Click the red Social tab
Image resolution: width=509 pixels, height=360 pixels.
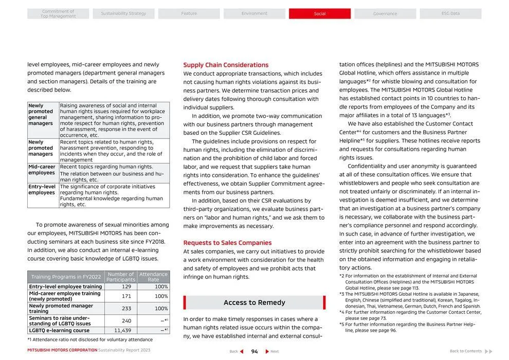click(x=319, y=14)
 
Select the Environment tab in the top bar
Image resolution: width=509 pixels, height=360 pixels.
click(x=254, y=14)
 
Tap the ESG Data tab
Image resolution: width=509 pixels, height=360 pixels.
click(x=450, y=14)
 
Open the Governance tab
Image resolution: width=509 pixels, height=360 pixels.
click(x=385, y=14)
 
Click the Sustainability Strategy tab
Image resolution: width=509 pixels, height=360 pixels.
click(x=123, y=14)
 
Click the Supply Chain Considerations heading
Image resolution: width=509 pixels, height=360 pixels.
click(x=226, y=65)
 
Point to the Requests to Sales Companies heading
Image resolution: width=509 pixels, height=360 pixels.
click(x=227, y=243)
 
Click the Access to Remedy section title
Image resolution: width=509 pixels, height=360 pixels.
click(x=254, y=302)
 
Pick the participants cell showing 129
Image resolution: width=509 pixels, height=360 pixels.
click(x=126, y=286)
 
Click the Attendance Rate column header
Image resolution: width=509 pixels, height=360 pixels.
click(x=153, y=277)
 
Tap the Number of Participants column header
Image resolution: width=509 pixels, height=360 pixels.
click(x=120, y=277)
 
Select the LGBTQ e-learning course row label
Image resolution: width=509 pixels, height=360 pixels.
click(x=59, y=330)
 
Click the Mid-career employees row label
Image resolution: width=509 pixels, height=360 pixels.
click(x=42, y=170)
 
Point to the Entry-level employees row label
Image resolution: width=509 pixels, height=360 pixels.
click(x=42, y=190)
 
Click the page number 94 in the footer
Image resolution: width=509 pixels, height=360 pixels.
click(x=254, y=351)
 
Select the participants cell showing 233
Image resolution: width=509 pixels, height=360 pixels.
click(x=126, y=309)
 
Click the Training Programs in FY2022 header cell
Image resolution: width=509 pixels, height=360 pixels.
click(x=66, y=277)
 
